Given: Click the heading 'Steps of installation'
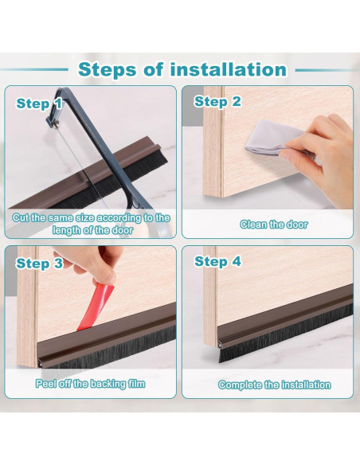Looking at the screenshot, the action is point(182,70).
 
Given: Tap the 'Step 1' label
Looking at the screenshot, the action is point(39,104).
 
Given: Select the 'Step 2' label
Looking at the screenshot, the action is point(217,102).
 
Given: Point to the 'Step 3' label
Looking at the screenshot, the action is point(40,264).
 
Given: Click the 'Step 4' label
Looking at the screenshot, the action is point(217,261).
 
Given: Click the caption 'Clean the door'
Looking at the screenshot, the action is point(274,225).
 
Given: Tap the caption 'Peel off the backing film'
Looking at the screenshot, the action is point(91,384).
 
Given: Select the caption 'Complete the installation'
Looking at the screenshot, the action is point(274,385).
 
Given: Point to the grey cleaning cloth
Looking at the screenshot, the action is point(272,137).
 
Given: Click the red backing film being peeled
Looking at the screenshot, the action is point(96,307).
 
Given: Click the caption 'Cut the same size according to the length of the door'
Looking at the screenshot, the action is point(92,224).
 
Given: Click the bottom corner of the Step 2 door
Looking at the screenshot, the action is point(221,197).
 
